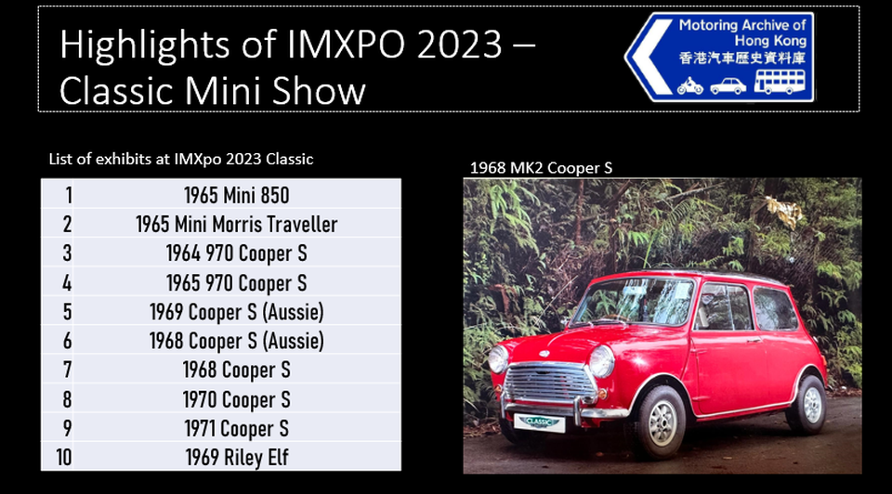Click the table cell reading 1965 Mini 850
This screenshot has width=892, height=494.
pyautogui.click(x=237, y=195)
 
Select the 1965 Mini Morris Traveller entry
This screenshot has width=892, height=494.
pyautogui.click(x=237, y=224)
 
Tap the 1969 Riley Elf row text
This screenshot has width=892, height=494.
pyautogui.click(x=237, y=457)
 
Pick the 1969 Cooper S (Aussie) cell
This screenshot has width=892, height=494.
pyautogui.click(x=237, y=311)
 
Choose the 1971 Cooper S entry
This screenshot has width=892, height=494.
pyautogui.click(x=237, y=428)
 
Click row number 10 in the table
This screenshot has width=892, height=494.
pyautogui.click(x=64, y=457)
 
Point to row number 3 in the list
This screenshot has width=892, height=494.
pyautogui.click(x=67, y=253)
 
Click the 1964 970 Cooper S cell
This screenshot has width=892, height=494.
pyautogui.click(x=237, y=253)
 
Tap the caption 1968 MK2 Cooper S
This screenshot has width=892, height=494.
pyautogui.click(x=541, y=168)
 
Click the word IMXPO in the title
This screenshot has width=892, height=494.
pyautogui.click(x=347, y=44)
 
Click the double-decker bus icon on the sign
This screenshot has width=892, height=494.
pyautogui.click(x=780, y=82)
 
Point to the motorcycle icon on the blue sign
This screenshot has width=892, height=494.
pyautogui.click(x=690, y=85)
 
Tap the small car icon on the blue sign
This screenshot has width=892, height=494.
pyautogui.click(x=728, y=86)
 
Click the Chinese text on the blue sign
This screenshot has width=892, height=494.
pyautogui.click(x=742, y=58)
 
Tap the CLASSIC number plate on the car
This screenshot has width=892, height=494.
pyautogui.click(x=539, y=422)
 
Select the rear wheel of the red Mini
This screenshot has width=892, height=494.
pyautogui.click(x=808, y=404)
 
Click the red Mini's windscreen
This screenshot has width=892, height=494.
pyautogui.click(x=635, y=301)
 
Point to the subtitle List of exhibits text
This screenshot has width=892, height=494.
pyautogui.click(x=181, y=159)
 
